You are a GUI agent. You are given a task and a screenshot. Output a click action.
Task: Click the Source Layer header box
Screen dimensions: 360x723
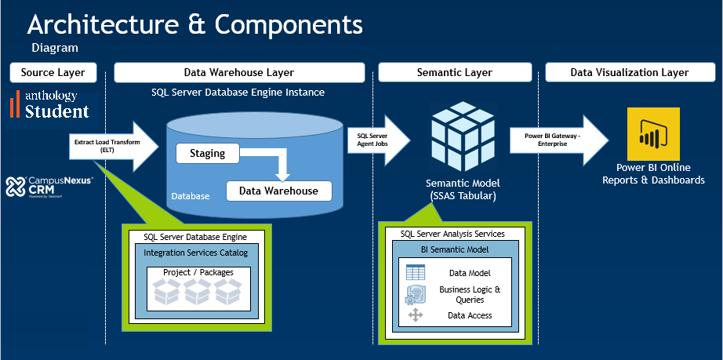coord(53,73)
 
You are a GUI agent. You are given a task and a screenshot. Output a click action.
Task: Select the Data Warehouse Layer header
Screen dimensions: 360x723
coord(239,73)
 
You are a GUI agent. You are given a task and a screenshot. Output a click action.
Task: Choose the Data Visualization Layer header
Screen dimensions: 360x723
coord(629,73)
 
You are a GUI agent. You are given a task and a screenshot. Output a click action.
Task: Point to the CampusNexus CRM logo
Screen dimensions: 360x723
coord(49,187)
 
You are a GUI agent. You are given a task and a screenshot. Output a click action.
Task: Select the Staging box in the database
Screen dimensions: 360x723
coord(207,154)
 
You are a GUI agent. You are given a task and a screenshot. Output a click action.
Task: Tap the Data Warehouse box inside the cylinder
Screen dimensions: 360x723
coord(278,191)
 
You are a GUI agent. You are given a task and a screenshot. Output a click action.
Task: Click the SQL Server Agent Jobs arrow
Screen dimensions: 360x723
coord(376,141)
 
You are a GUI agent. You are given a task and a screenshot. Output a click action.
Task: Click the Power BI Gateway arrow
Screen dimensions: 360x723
coord(557,140)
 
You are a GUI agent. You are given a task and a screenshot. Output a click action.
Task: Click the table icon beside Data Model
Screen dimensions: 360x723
coord(416,273)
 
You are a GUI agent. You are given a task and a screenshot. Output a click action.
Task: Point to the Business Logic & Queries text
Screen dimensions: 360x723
coord(469,294)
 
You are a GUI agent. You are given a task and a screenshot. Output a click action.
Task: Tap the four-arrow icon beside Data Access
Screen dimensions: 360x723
coord(416,315)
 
